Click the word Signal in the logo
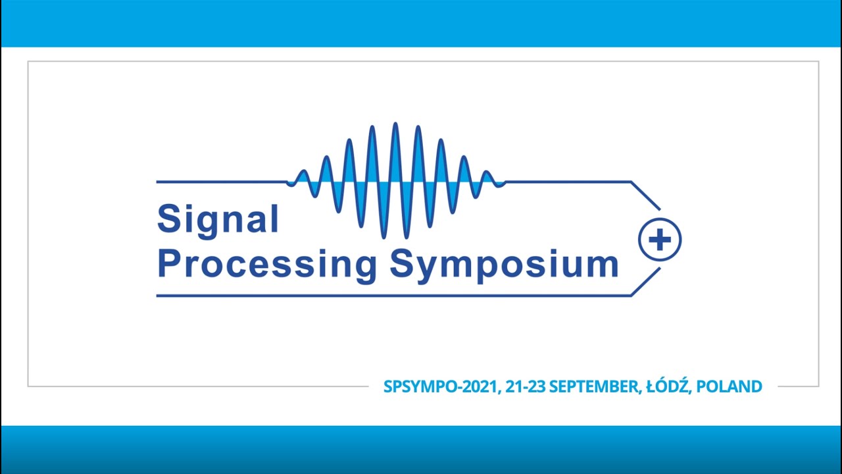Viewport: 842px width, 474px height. [218, 220]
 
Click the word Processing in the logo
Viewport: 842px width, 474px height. [266, 263]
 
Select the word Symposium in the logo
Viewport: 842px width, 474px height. [504, 263]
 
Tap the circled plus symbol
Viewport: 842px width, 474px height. [660, 240]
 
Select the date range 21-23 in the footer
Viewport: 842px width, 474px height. [525, 386]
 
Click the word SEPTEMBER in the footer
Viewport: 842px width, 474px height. [593, 386]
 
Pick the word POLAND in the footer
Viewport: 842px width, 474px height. [729, 386]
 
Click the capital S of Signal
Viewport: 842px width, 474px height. [168, 219]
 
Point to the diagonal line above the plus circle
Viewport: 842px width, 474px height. [645, 195]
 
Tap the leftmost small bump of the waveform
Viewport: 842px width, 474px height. [302, 173]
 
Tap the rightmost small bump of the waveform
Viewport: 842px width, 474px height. [487, 173]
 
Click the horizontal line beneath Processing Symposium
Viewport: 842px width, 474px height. [395, 296]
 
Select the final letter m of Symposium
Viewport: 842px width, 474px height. [603, 265]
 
